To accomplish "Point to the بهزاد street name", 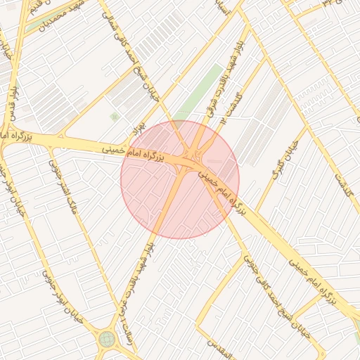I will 138,129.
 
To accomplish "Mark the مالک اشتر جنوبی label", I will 64,184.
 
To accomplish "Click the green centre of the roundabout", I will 107,339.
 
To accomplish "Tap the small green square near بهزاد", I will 114,117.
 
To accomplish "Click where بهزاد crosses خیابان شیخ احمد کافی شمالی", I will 160,110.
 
